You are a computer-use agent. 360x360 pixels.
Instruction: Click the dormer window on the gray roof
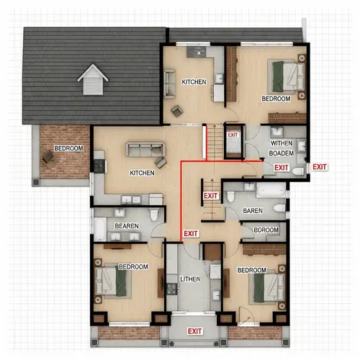point(92,79)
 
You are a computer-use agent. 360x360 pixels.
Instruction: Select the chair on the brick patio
point(48,156)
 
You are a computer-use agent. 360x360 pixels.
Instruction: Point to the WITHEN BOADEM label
point(281,148)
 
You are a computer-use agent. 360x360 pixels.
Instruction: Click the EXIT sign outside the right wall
point(320,167)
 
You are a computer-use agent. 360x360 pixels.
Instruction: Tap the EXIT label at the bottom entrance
point(194,331)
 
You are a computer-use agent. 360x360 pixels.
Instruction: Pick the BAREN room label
point(253,210)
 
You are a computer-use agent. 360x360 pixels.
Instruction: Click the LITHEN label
point(190,278)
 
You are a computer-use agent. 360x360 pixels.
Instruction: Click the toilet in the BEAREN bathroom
point(153,217)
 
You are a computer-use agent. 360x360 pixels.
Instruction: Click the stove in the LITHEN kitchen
point(171,289)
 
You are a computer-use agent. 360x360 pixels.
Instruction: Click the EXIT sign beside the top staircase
point(233,135)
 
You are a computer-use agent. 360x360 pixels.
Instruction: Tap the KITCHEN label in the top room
point(194,82)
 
